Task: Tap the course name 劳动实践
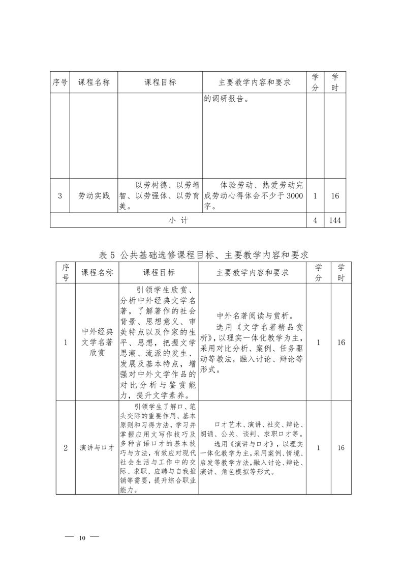pos(94,195)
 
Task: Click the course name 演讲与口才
pos(97,448)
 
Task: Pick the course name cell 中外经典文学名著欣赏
pos(97,342)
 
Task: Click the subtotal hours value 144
pos(334,220)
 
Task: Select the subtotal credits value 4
pos(315,220)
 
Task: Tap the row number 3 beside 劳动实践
pos(60,195)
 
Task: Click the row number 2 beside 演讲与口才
pos(66,448)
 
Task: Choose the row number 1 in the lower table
pos(66,342)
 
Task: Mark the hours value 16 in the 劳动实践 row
pos(334,195)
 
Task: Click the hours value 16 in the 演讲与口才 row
pos(341,448)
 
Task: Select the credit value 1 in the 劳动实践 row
pos(315,195)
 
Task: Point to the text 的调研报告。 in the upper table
pos(226,99)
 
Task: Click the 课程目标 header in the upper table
pos(160,82)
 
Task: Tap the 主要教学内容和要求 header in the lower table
pos(253,272)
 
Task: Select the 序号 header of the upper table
pos(60,82)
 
